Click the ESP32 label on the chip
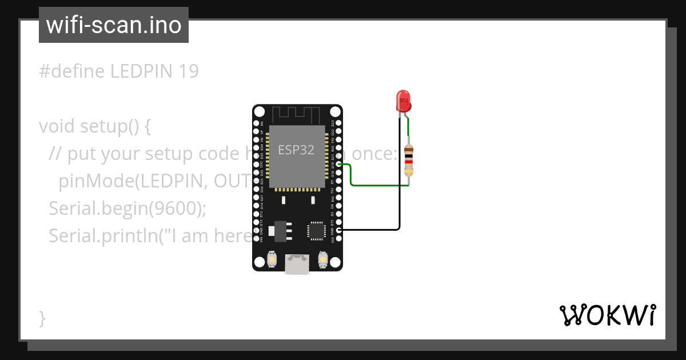coord(296,150)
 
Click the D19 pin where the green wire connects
coord(339,165)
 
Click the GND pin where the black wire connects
coord(339,230)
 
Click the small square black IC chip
coord(316,230)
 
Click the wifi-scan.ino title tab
coord(114,25)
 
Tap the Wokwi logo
coord(607,315)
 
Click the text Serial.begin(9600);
coord(127,209)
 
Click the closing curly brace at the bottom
coord(42,318)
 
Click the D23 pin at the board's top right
coord(339,123)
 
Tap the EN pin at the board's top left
coord(256,123)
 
